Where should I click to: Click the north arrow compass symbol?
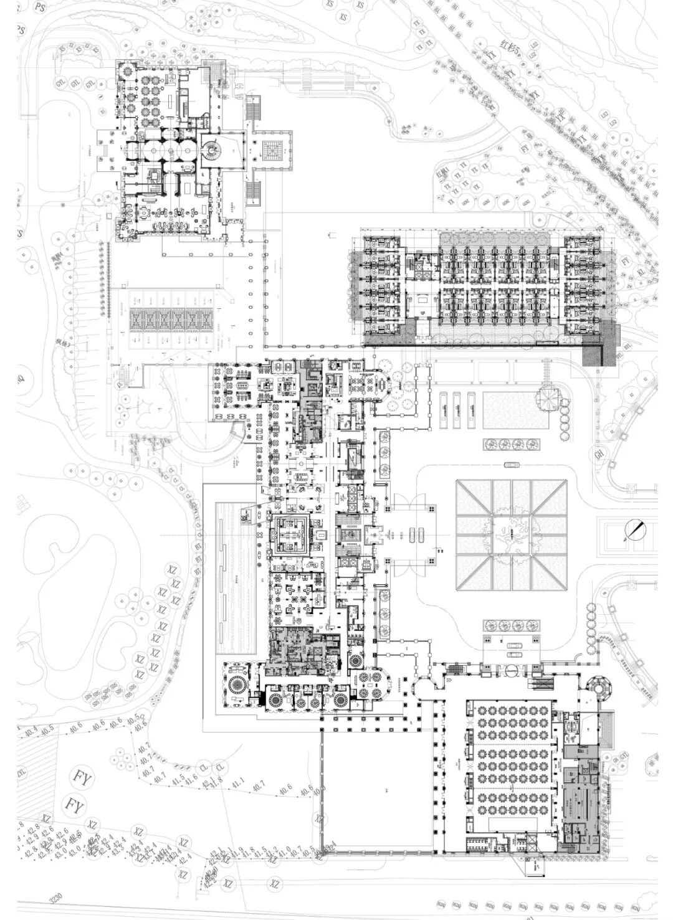pos(636,530)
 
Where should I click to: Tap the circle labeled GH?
pos(599,455)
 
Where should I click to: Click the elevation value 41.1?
pos(238,781)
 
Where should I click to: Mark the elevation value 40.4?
pos(31,729)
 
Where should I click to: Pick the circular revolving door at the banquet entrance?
pos(511,670)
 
